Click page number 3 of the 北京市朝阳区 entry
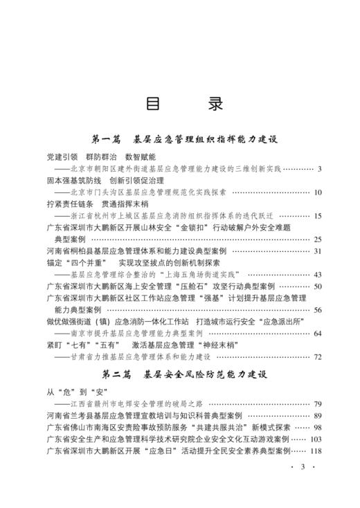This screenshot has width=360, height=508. (320, 168)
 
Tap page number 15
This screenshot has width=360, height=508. (318, 216)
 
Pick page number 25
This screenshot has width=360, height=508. (318, 239)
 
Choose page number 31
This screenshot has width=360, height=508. (318, 251)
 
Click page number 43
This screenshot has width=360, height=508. (318, 274)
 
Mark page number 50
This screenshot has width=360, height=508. (318, 286)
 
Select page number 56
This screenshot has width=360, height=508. (318, 309)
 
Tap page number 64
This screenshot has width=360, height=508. (318, 333)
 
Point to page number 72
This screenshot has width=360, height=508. (318, 357)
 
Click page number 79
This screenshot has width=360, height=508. (318, 404)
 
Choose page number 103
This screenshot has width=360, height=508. (316, 439)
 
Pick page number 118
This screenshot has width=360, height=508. (316, 451)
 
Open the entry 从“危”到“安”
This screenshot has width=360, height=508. (70, 392)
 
